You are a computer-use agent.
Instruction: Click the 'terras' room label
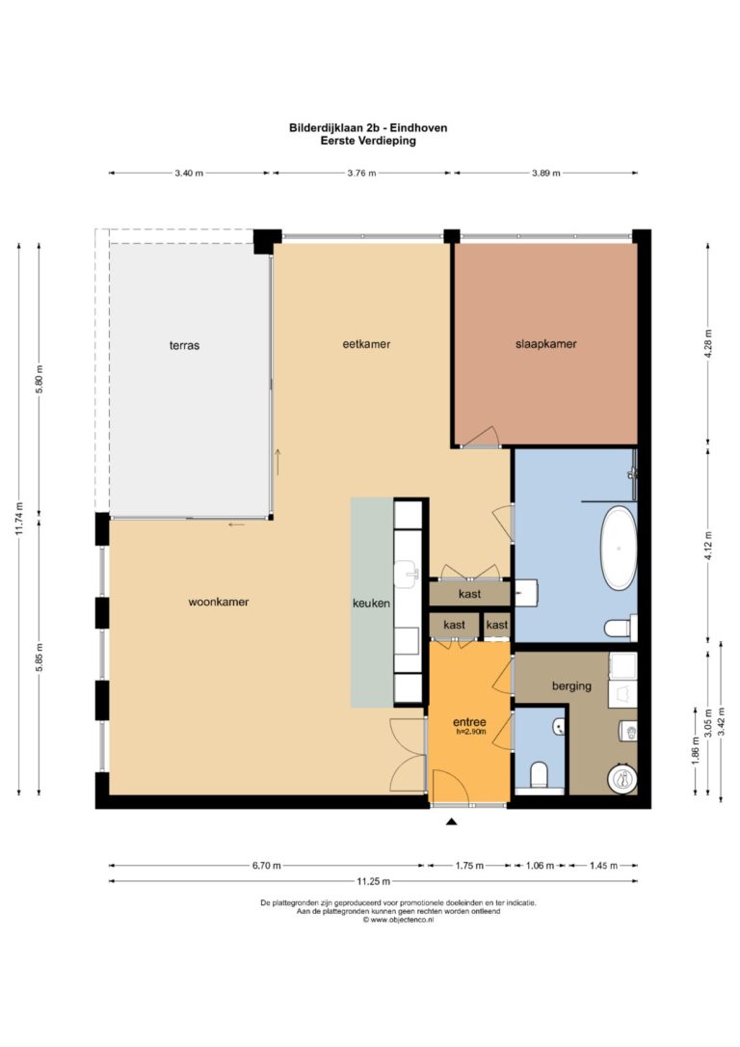click(184, 345)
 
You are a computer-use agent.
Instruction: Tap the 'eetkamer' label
click(366, 344)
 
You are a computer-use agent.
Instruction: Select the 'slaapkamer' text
click(545, 344)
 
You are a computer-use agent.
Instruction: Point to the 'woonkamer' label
click(218, 602)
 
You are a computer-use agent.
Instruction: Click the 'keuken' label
click(372, 603)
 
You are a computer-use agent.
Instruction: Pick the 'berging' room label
click(571, 685)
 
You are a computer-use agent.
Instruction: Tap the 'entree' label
click(469, 722)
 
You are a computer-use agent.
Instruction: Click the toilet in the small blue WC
click(540, 776)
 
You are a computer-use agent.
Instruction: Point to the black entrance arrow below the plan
click(452, 822)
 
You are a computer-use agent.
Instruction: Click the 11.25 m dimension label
click(374, 881)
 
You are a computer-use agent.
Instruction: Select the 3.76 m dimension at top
click(361, 173)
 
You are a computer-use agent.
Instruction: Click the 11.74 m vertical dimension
click(19, 518)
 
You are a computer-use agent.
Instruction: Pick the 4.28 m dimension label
click(708, 344)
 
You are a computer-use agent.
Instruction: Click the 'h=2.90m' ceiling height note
click(471, 732)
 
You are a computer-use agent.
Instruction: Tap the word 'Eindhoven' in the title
click(418, 127)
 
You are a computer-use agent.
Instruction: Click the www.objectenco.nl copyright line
click(398, 920)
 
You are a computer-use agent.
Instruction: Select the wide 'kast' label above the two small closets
click(470, 594)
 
